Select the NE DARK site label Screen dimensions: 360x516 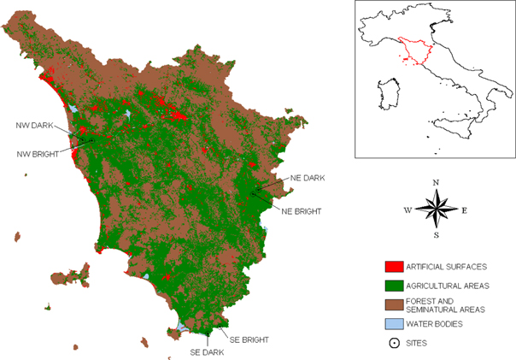308,178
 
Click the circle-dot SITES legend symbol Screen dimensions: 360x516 394,343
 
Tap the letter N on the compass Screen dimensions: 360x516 436,182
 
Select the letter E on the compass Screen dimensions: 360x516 464,210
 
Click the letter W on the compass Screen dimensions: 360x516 407,210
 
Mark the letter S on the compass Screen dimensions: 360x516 436,234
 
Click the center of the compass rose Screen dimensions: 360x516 436,209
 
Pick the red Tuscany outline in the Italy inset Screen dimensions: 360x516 414,52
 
